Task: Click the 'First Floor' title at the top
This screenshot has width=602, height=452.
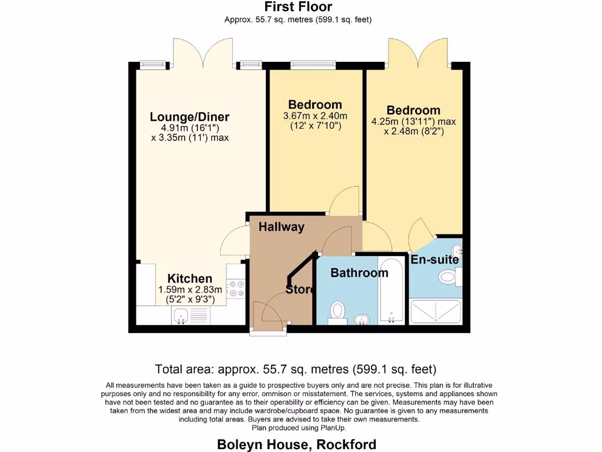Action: [297, 7]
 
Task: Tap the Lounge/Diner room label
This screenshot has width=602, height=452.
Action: [189, 117]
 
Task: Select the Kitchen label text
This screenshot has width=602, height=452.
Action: [189, 278]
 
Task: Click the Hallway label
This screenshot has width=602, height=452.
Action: [282, 227]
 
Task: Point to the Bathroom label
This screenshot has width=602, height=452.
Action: [359, 272]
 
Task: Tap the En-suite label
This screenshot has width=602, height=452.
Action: [434, 260]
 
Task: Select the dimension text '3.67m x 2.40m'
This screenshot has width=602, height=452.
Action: [315, 116]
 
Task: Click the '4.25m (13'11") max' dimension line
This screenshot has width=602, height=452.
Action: [413, 122]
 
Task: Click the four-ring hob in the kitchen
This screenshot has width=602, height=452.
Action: [237, 288]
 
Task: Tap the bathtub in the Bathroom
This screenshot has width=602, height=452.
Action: [391, 290]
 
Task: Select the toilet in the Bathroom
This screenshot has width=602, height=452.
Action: [337, 311]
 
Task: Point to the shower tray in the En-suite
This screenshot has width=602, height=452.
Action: [435, 311]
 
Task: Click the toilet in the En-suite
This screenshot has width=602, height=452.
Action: [450, 275]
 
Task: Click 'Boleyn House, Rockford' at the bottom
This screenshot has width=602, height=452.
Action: [297, 444]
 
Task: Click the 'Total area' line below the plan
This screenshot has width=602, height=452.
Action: [295, 370]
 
